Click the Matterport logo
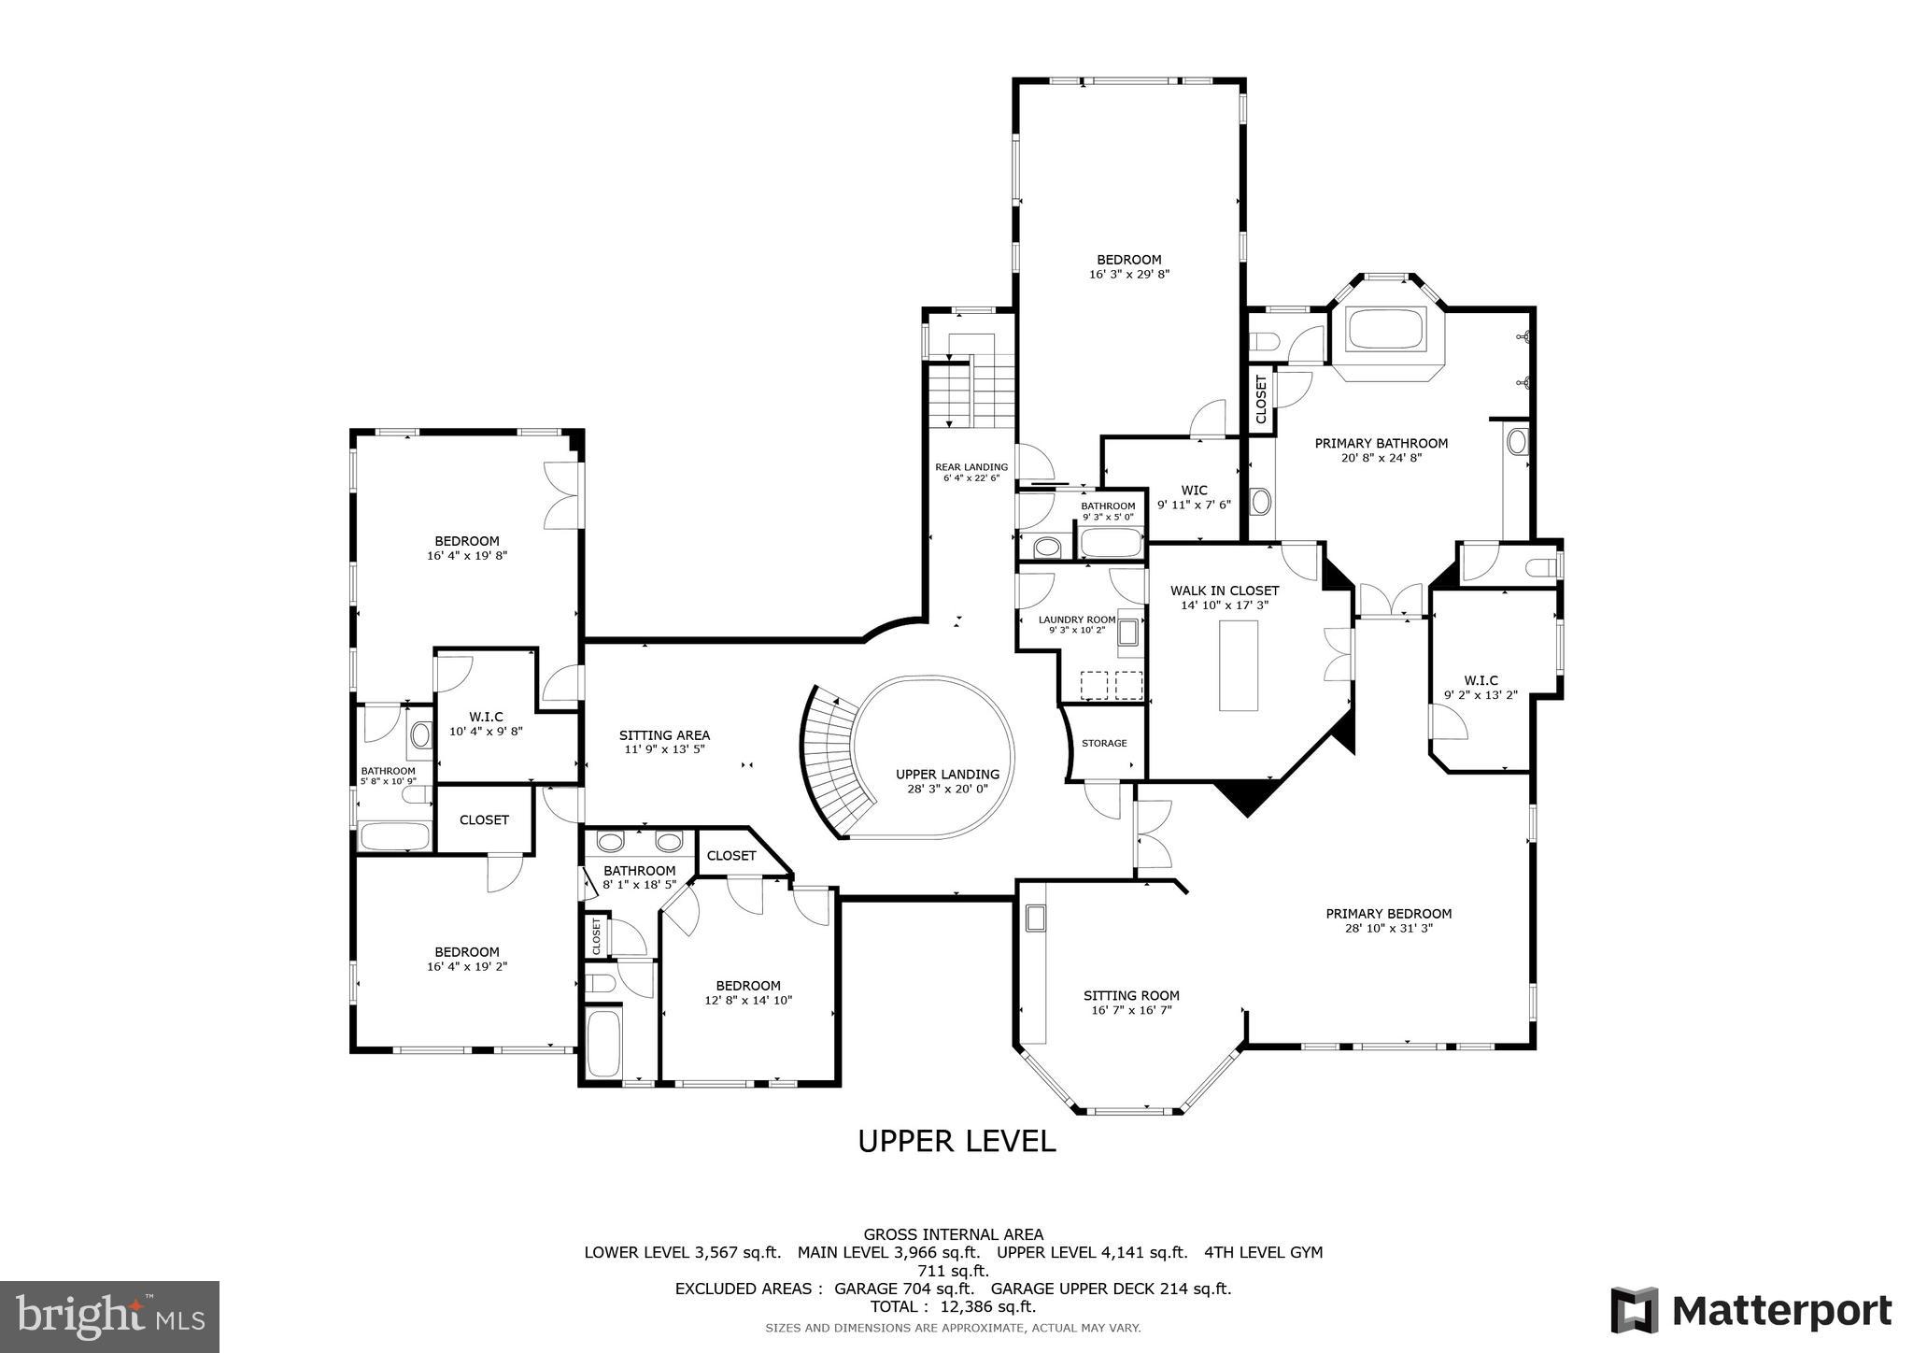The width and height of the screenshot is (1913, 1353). coord(1750,1311)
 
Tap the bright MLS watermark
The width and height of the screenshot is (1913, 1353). coord(109,1317)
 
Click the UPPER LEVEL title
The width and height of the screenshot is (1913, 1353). coord(956,1141)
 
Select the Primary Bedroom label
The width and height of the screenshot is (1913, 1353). coord(1388,914)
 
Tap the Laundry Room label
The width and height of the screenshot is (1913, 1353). coord(1076,620)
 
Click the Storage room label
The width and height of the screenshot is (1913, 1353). coord(1104,743)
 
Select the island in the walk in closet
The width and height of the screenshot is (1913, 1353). coord(1238,665)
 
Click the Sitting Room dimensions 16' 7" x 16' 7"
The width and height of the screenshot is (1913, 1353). coord(1131,1010)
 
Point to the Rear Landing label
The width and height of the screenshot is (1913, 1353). coord(971,467)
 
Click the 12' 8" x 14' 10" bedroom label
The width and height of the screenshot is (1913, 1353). coord(747,992)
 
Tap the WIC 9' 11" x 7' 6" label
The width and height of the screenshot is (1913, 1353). coord(1194,497)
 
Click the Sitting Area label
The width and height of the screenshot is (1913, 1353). coord(664,735)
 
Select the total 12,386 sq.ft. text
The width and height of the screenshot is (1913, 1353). coord(953,1307)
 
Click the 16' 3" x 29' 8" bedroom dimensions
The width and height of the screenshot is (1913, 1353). coord(1128,275)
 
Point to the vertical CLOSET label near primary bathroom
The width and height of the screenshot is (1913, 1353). coord(1261,399)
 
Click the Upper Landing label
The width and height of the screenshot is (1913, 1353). coord(947,775)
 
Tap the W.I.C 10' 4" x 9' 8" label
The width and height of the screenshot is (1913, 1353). coord(486,724)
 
